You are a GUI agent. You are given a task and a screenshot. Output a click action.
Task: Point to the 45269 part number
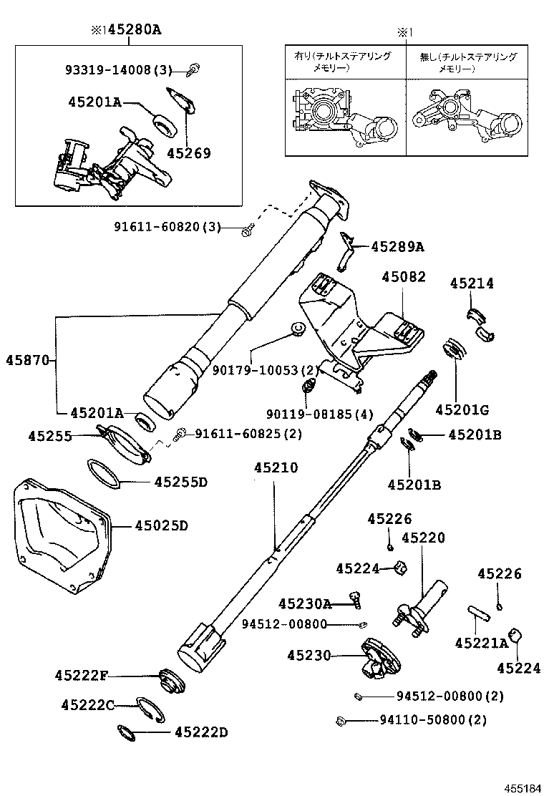pyautogui.click(x=189, y=152)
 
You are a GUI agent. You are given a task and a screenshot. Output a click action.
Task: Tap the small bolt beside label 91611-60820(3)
pyautogui.click(x=247, y=228)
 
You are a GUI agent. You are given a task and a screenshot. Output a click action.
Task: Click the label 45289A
pyautogui.click(x=397, y=247)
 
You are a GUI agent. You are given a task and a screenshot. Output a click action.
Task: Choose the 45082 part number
pyautogui.click(x=403, y=276)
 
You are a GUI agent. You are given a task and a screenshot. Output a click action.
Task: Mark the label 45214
pyautogui.click(x=472, y=283)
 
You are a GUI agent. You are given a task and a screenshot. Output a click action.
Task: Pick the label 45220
pyautogui.click(x=422, y=537)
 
